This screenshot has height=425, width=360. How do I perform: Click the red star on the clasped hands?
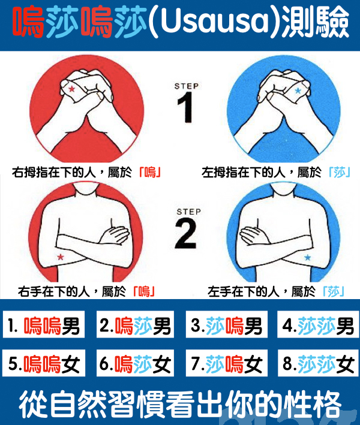tap(71, 89)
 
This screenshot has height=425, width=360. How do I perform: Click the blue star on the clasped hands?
tap(298, 91)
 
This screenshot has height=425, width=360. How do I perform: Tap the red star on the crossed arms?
tap(61, 257)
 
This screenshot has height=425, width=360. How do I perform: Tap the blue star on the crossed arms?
tap(307, 257)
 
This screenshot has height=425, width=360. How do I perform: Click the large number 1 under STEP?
tap(185, 107)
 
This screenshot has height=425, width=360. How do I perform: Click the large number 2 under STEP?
tap(186, 234)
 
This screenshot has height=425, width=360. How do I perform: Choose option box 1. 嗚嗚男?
tap(44, 324)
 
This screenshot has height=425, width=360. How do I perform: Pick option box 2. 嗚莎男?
tap(135, 324)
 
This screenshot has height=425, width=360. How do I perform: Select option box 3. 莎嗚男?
tap(227, 324)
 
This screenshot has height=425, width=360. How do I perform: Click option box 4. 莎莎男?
tap(318, 324)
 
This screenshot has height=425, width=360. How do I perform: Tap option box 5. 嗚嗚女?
tap(44, 363)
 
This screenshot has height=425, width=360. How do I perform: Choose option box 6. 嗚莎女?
tap(135, 363)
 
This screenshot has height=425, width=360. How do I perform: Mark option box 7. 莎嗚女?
tap(227, 363)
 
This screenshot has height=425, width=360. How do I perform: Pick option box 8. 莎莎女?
tap(318, 363)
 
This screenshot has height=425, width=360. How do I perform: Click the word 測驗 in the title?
tap(315, 22)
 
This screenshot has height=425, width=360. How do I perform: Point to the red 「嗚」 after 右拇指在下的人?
tap(150, 173)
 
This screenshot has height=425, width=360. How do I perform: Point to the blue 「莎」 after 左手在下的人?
tap(334, 292)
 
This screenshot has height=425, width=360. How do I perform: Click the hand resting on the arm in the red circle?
tap(114, 235)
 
